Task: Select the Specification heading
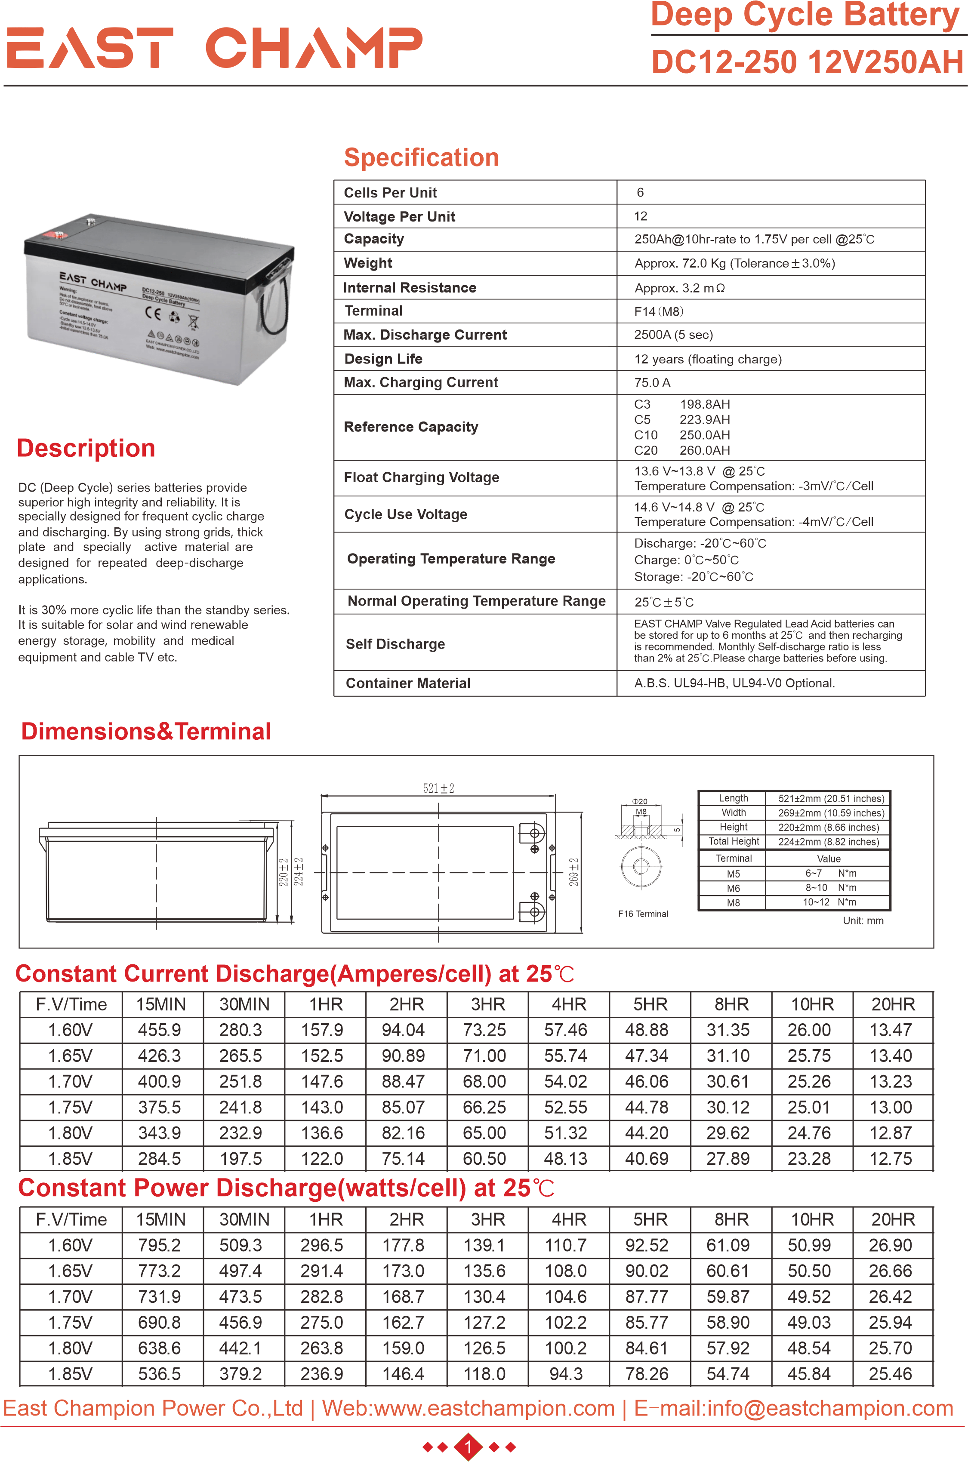(421, 157)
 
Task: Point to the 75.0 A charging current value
(652, 383)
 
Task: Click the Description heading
(86, 448)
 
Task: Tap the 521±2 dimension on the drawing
(438, 788)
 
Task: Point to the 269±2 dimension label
(573, 872)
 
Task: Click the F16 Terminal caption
(643, 914)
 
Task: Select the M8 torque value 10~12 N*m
(829, 902)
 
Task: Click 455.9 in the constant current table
(159, 1030)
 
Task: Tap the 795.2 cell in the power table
(159, 1245)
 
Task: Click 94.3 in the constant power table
(565, 1374)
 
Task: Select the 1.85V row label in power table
(71, 1374)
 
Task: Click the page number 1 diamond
(468, 1447)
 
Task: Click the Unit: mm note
(863, 921)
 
